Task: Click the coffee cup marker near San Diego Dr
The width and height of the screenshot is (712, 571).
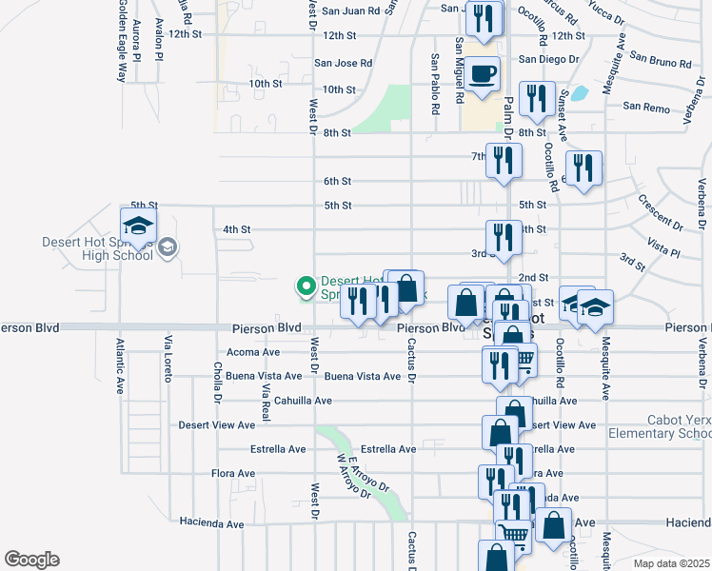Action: coord(483,73)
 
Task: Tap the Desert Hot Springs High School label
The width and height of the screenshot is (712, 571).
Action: coord(98,248)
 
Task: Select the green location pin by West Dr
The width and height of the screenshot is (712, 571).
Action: coord(307,285)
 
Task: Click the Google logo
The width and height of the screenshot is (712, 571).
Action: coord(31,560)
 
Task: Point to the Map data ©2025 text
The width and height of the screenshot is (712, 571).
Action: coord(672,563)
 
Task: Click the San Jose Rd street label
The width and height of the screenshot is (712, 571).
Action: coord(344,64)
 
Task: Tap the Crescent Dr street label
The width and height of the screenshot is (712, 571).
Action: coord(662,215)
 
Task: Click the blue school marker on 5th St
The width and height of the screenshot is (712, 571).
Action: coord(138,226)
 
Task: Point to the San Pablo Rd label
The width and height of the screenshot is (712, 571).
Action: coord(435,84)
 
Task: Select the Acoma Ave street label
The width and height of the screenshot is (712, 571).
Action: coord(253,352)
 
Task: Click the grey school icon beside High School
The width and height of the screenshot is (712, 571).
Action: coord(168,248)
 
